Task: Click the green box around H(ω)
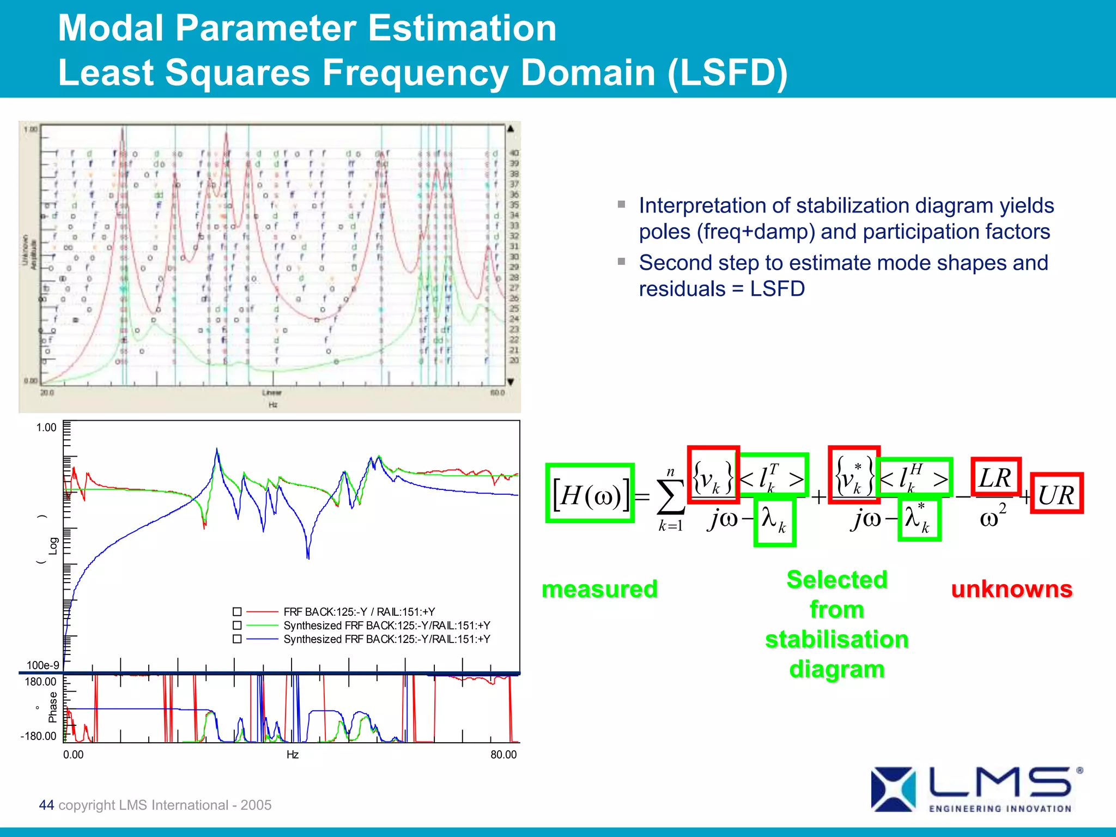click(590, 494)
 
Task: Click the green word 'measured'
click(599, 589)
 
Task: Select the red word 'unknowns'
click(1012, 589)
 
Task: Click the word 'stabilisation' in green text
click(836, 640)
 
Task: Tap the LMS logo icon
click(893, 789)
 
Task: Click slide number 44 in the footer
click(46, 805)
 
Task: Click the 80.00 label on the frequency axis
click(503, 755)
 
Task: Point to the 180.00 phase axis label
click(40, 682)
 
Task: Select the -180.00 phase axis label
click(38, 736)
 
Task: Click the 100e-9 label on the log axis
click(43, 665)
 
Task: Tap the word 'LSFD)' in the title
click(727, 72)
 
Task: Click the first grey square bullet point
click(622, 204)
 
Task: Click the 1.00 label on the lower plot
click(46, 428)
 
